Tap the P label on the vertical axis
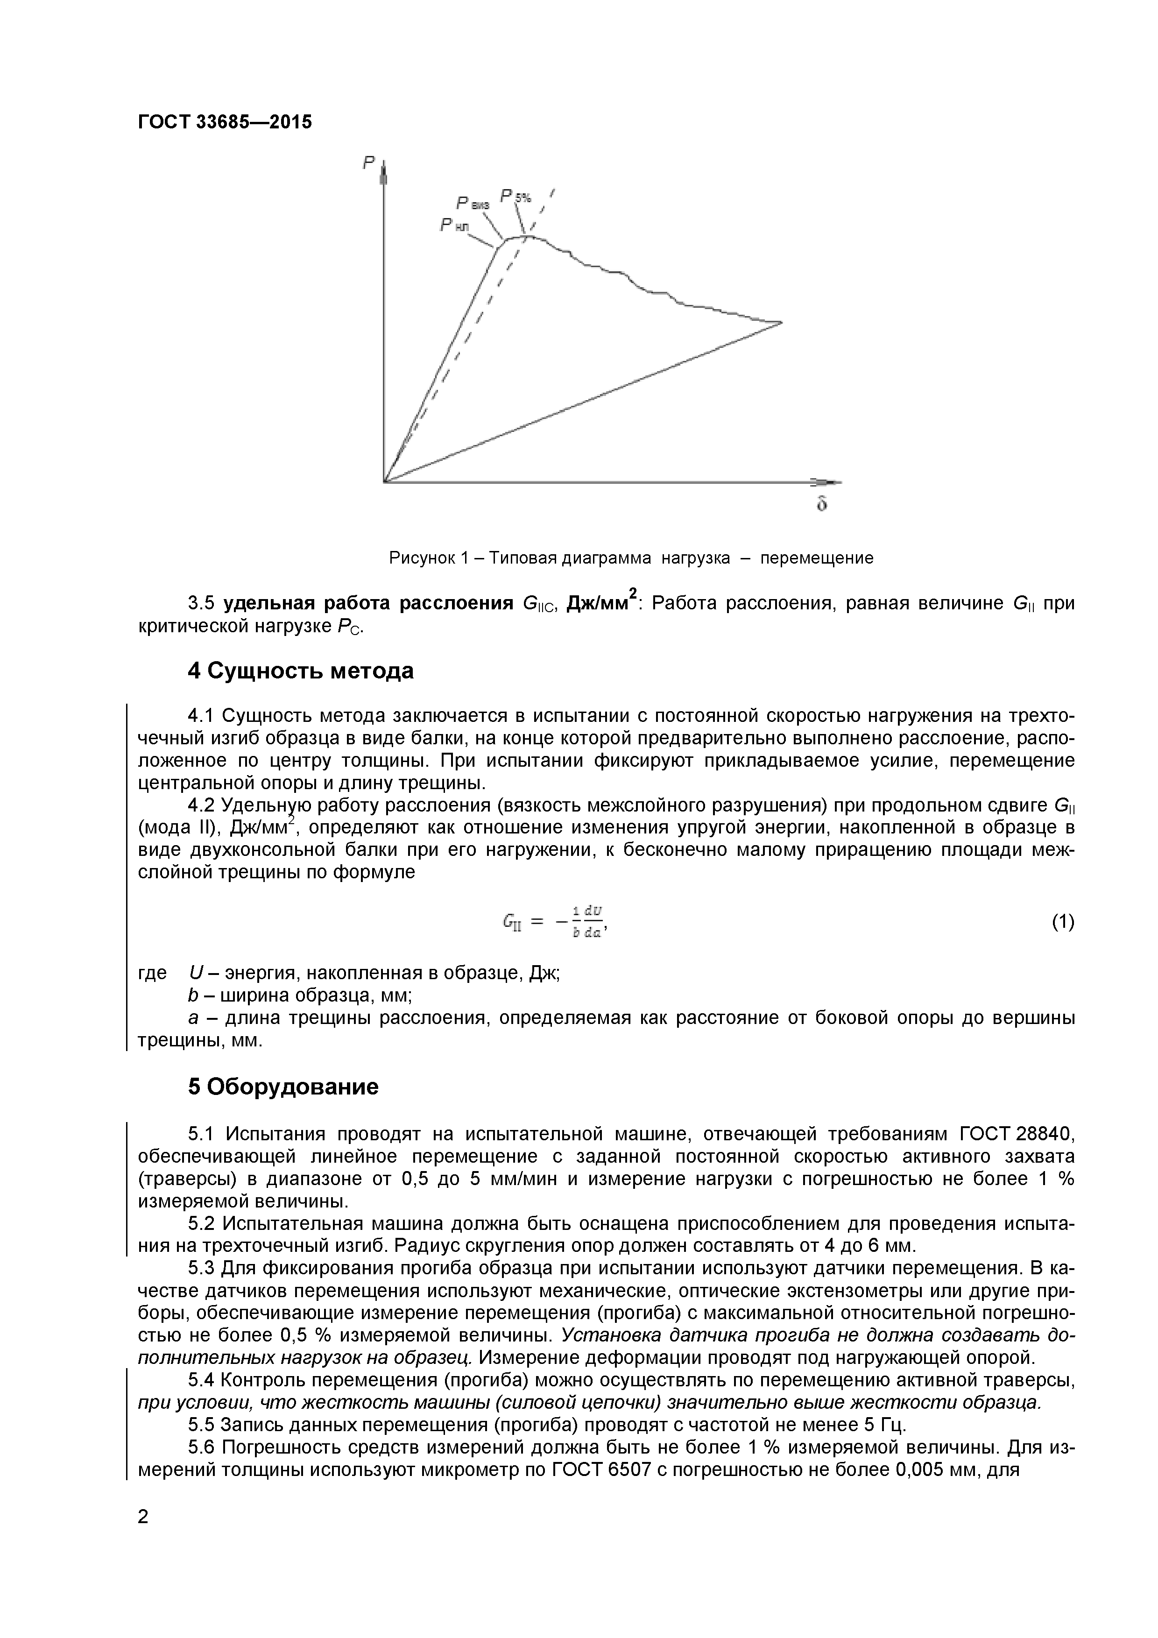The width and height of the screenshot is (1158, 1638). coord(368,163)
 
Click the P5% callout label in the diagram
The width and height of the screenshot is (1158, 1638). coord(515,196)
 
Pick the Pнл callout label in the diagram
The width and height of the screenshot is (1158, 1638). coord(454,226)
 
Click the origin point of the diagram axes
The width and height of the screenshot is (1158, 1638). coord(385,481)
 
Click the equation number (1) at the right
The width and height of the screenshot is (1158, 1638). coord(1062,923)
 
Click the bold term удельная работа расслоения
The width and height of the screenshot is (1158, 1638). coord(368,604)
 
